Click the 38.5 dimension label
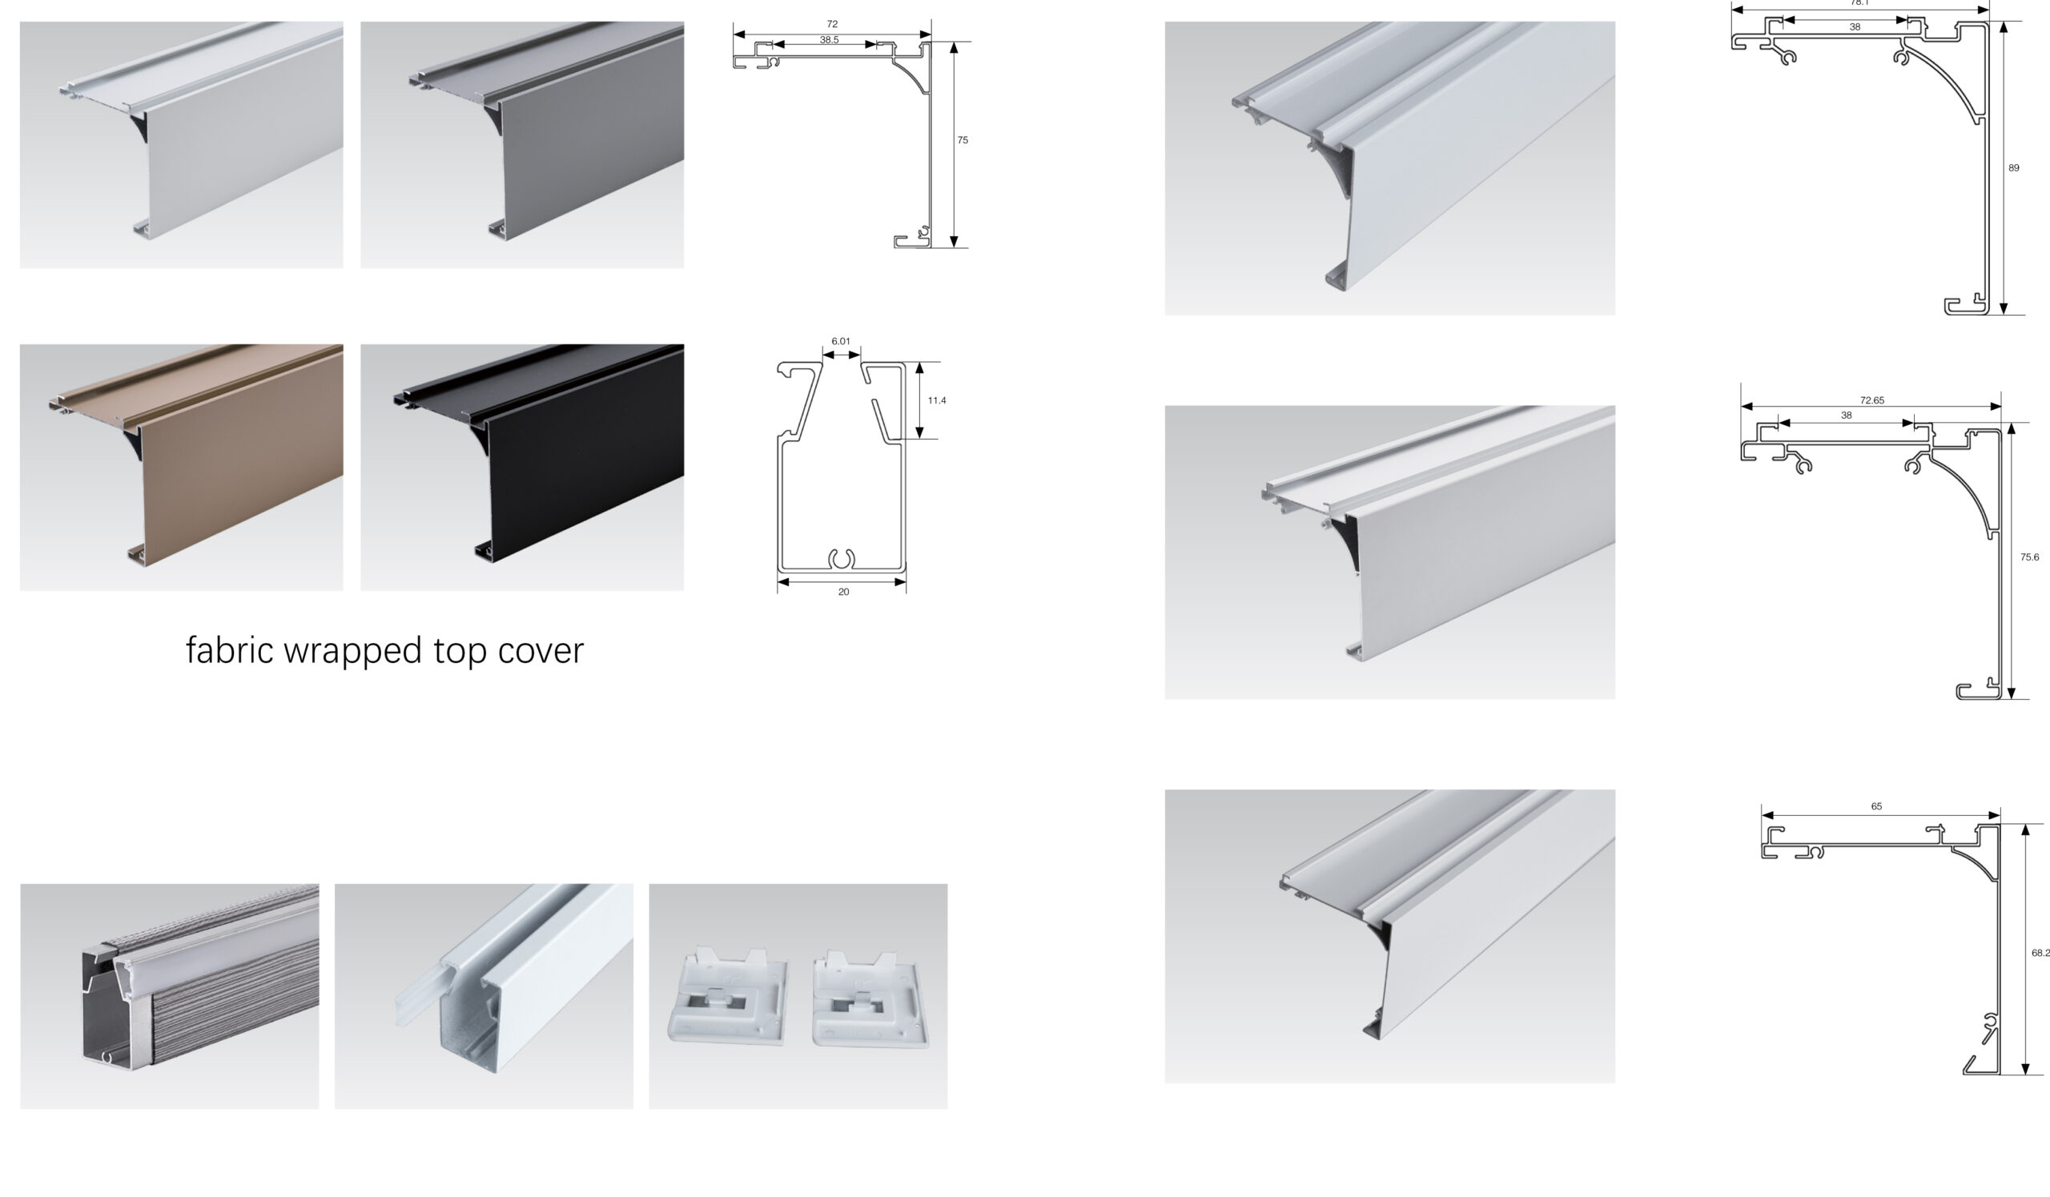click(x=829, y=40)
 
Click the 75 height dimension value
click(x=963, y=140)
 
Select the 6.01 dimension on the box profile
click(x=840, y=342)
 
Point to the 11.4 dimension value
click(x=936, y=400)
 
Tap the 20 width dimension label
click(x=843, y=592)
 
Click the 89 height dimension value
click(x=2013, y=168)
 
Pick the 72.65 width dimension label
click(x=1872, y=400)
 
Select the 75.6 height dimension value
click(x=2030, y=557)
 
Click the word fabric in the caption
click(x=230, y=649)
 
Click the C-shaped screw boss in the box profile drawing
click(x=842, y=559)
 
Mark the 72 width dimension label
click(x=832, y=24)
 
